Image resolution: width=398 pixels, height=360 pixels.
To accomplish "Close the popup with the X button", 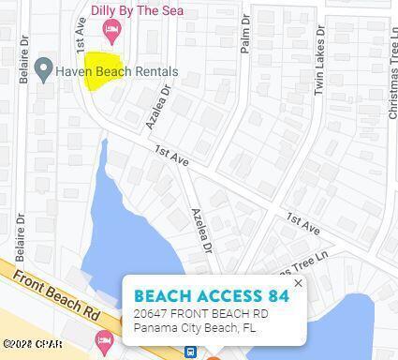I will coord(298,283).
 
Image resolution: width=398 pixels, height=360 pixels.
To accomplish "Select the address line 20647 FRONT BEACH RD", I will coord(200,314).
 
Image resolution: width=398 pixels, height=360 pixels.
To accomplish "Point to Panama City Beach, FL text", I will coord(194,328).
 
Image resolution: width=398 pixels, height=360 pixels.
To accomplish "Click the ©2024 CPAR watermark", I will coord(32,344).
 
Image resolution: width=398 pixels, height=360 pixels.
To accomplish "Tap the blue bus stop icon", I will coord(191,352).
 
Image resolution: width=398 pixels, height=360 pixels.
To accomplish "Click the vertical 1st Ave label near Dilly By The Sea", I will coord(82,37).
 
